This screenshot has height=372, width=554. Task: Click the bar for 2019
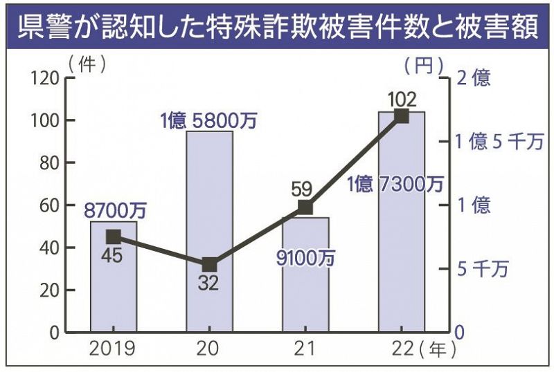[114, 277]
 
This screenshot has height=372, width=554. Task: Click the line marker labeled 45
[114, 236]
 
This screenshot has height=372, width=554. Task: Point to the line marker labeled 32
[210, 264]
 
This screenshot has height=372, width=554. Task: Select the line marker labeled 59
[305, 207]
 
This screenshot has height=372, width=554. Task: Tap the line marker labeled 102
[401, 116]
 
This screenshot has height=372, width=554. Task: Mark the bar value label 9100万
[305, 258]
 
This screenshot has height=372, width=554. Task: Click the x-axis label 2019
[114, 347]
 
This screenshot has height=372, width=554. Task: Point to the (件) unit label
[87, 64]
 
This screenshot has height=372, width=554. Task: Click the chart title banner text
[277, 24]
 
